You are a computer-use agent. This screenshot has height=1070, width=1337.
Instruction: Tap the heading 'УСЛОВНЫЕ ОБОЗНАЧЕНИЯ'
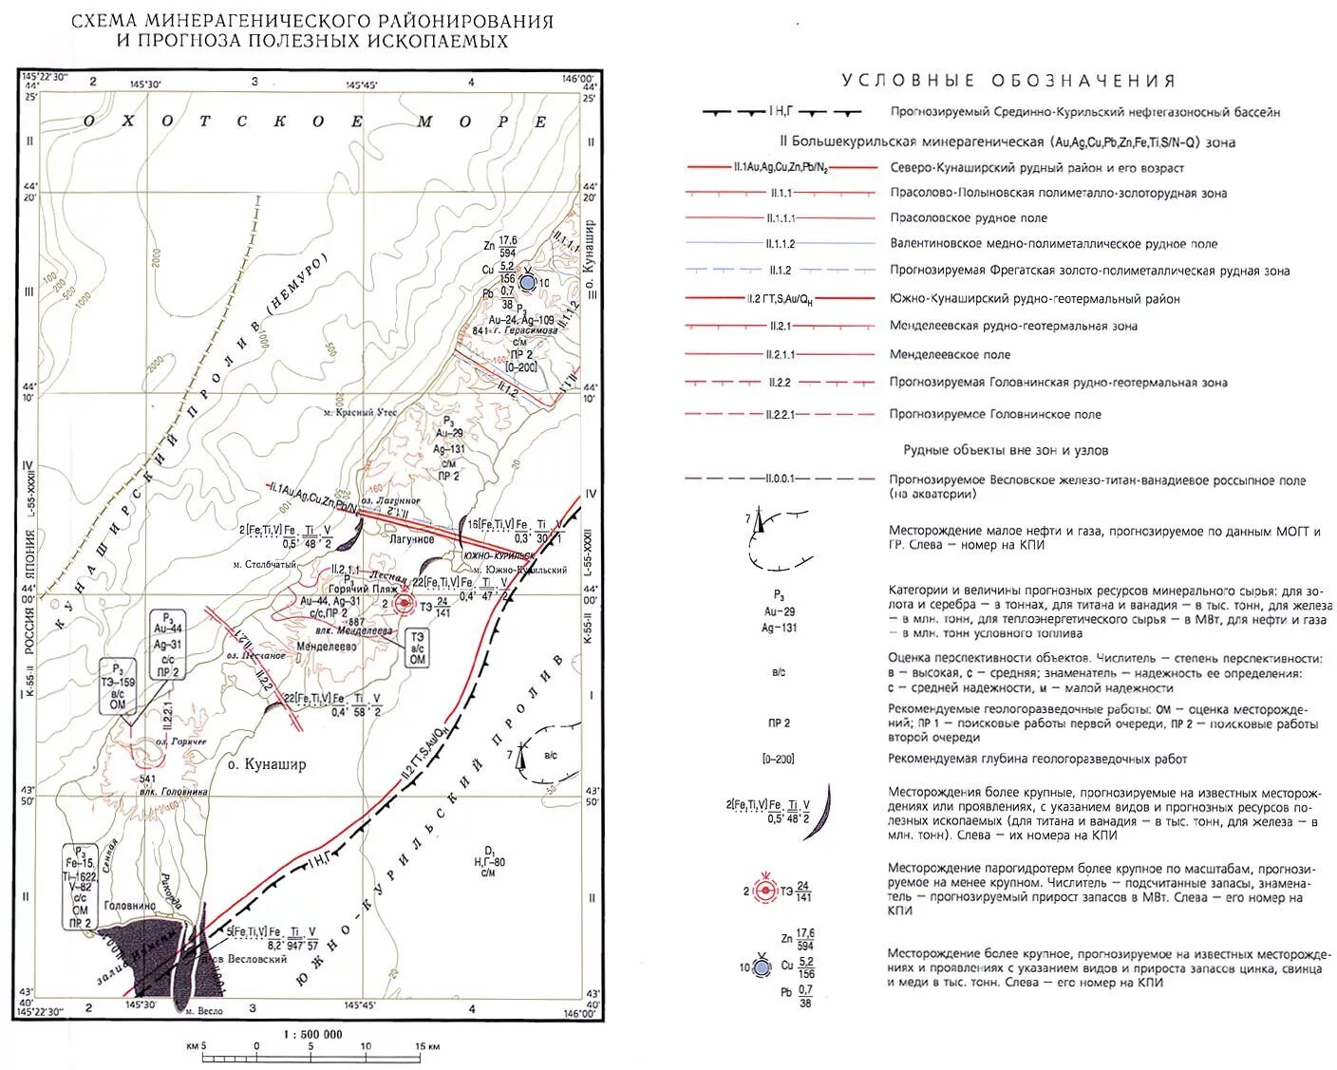pos(1008,82)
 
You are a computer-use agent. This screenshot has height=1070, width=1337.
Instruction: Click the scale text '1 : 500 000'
pos(313,1034)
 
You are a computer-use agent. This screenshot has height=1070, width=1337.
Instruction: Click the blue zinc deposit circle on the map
pos(528,282)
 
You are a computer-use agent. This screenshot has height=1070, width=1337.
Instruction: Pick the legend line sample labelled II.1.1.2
pos(781,244)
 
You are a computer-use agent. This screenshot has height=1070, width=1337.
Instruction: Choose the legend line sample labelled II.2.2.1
pos(781,415)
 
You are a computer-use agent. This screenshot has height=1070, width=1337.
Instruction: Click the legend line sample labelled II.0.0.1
pos(781,479)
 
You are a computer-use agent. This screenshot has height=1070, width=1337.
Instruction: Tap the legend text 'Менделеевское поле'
pos(950,355)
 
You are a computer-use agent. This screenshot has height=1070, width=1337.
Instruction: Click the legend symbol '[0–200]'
pos(778,760)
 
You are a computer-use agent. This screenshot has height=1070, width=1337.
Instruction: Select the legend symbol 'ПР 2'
pos(778,723)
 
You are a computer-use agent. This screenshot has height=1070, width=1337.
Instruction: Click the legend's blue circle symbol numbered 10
pos(761,967)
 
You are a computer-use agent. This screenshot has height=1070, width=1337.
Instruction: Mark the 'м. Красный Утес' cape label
pos(359,413)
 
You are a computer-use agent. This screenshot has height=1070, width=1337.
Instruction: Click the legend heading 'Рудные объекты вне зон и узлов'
pos(1006,451)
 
